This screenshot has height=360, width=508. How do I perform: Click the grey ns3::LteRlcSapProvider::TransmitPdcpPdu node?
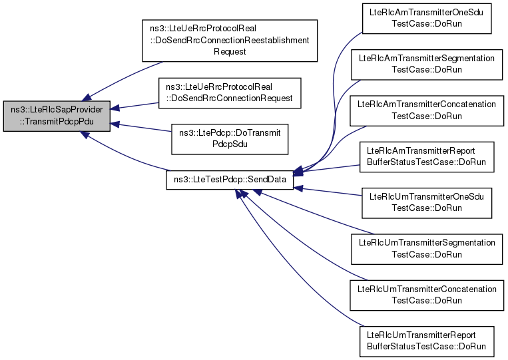[57, 116]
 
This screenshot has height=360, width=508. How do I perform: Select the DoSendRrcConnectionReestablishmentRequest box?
[230, 41]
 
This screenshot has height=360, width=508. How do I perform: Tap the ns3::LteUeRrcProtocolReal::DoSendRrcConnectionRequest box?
[230, 93]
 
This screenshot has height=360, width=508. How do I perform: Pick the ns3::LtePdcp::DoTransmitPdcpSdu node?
[230, 139]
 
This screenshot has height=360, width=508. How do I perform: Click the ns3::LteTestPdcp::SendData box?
[230, 180]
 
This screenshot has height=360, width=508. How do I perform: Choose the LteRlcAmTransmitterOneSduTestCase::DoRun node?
[427, 18]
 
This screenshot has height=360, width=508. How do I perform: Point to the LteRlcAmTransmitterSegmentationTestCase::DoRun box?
[427, 65]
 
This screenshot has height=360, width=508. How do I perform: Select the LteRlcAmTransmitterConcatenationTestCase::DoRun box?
[427, 110]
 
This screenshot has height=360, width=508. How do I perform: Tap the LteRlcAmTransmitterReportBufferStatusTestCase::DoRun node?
[427, 156]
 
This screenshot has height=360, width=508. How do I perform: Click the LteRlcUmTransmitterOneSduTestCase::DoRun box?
[427, 203]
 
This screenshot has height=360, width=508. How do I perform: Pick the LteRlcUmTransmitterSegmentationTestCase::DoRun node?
[427, 249]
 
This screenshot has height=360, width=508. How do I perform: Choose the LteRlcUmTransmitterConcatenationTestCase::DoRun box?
[427, 295]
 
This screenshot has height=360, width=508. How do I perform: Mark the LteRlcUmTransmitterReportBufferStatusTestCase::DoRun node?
[427, 341]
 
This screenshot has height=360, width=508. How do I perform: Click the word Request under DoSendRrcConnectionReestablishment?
[230, 52]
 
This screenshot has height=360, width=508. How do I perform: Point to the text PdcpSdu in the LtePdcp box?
[230, 144]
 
